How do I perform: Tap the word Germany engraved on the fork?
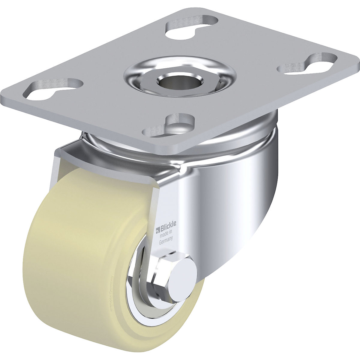coord(165,239)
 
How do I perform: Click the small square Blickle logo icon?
coord(157,231)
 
